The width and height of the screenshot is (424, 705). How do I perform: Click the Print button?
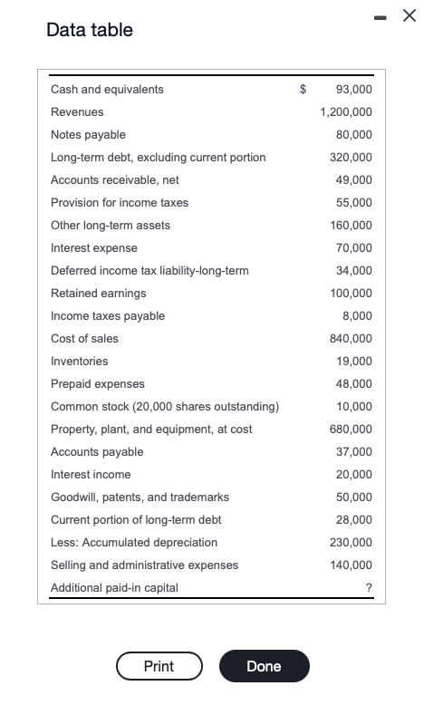pos(159,666)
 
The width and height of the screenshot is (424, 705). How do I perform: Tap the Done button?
pos(265,666)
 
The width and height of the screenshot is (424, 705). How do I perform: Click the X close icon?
pos(409,15)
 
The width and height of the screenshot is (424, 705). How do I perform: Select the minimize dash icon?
pos(380,17)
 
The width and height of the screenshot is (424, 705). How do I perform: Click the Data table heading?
pos(90,30)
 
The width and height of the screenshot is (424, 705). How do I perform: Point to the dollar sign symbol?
pos(303,89)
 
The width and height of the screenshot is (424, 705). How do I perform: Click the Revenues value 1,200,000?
pos(346,112)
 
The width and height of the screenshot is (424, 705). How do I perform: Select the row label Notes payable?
pos(88,135)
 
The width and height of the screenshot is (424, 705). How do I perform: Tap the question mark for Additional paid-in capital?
pos(369,587)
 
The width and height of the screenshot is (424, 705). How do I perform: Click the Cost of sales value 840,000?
pos(351,339)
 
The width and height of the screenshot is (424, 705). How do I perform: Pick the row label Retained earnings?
pos(99,294)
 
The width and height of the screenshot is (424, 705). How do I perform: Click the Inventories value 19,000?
pos(354,361)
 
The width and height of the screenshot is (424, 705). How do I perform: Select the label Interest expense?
pos(94,248)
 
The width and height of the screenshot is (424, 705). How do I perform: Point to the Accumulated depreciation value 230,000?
pos(351,542)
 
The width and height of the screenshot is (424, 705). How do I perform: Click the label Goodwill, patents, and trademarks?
pos(140,497)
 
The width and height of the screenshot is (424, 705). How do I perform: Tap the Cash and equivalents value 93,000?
pos(354,89)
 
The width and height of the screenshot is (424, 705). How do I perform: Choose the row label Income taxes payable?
pos(108,316)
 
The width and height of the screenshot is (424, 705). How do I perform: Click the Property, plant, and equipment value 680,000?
pos(351,429)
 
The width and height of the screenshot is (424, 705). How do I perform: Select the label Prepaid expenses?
pos(98,384)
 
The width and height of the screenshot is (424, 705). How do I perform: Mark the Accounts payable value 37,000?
pos(354,452)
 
